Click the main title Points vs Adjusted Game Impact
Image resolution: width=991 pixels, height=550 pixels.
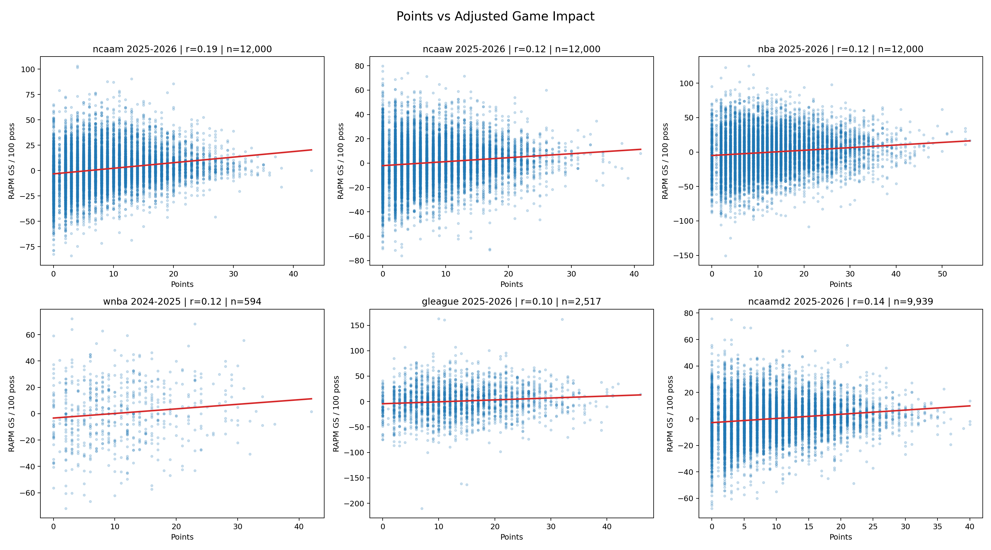pos(495,16)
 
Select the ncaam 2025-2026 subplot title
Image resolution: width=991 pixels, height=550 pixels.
pos(182,49)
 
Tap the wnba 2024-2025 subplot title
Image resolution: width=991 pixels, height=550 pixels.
pos(182,302)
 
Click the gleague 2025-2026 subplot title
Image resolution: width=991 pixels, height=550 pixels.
pos(511,302)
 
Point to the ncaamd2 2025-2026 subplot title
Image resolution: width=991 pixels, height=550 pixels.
pos(841,302)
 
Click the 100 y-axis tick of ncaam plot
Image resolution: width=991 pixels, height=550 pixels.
pos(28,70)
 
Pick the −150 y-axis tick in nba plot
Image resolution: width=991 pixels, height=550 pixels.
pos(683,255)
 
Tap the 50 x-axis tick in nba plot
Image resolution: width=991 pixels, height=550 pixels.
pos(942,274)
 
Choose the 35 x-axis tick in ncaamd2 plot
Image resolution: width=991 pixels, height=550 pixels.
pos(937,526)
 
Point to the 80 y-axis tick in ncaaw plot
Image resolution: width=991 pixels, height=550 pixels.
pos(359,66)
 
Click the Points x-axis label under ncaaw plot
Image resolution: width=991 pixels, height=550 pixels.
pos(511,284)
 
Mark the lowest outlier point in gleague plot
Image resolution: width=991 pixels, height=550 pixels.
pos(422,508)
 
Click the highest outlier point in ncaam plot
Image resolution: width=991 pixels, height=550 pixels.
pos(77,67)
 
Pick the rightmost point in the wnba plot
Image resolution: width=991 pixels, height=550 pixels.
pos(311,412)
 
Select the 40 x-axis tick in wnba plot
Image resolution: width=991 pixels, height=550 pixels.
pos(299,526)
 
